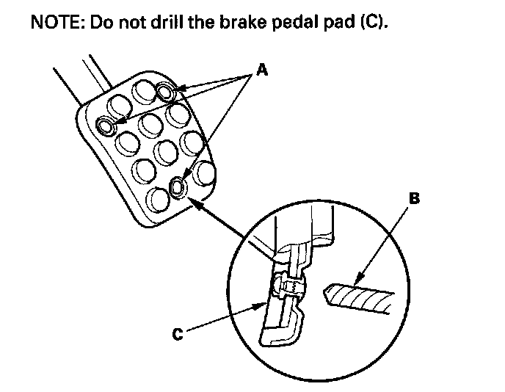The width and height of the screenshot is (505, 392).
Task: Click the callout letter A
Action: click(x=262, y=71)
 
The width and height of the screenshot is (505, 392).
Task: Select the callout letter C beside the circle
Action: click(x=177, y=334)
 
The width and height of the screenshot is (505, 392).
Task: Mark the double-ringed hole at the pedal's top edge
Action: click(x=166, y=91)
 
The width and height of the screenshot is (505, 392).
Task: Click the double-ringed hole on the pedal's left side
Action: click(x=107, y=127)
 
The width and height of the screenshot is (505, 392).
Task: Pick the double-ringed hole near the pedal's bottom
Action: click(x=177, y=188)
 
